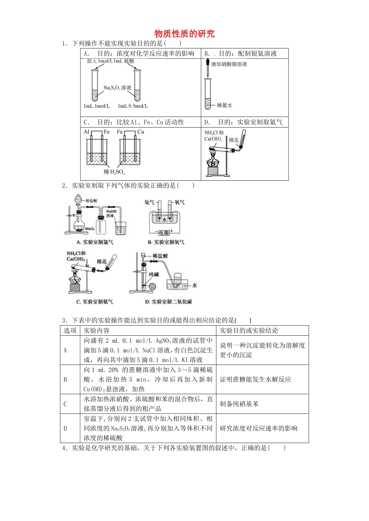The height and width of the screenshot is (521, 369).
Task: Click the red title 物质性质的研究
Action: point(184,34)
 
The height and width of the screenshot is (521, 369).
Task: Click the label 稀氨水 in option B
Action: point(224,105)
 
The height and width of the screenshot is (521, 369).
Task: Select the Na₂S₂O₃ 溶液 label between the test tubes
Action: point(117,88)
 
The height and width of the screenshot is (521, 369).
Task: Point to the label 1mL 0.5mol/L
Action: point(133,106)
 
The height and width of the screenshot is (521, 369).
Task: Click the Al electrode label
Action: point(86,132)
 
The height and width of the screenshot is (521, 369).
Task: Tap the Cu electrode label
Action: point(141,132)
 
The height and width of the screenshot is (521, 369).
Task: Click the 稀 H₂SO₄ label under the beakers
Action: point(114,172)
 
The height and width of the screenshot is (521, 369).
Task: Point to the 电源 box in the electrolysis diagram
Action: point(164,233)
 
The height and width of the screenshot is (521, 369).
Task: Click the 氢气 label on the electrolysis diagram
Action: point(149,202)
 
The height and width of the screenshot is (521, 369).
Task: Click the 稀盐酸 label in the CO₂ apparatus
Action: point(160,256)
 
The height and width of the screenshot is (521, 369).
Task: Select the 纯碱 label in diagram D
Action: point(154,274)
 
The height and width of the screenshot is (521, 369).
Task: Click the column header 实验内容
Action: point(97,331)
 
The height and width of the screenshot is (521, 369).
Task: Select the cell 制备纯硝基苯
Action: point(239,404)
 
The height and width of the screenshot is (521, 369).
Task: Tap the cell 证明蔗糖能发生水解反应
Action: point(255,380)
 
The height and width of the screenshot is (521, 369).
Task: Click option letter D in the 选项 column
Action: point(65,428)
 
